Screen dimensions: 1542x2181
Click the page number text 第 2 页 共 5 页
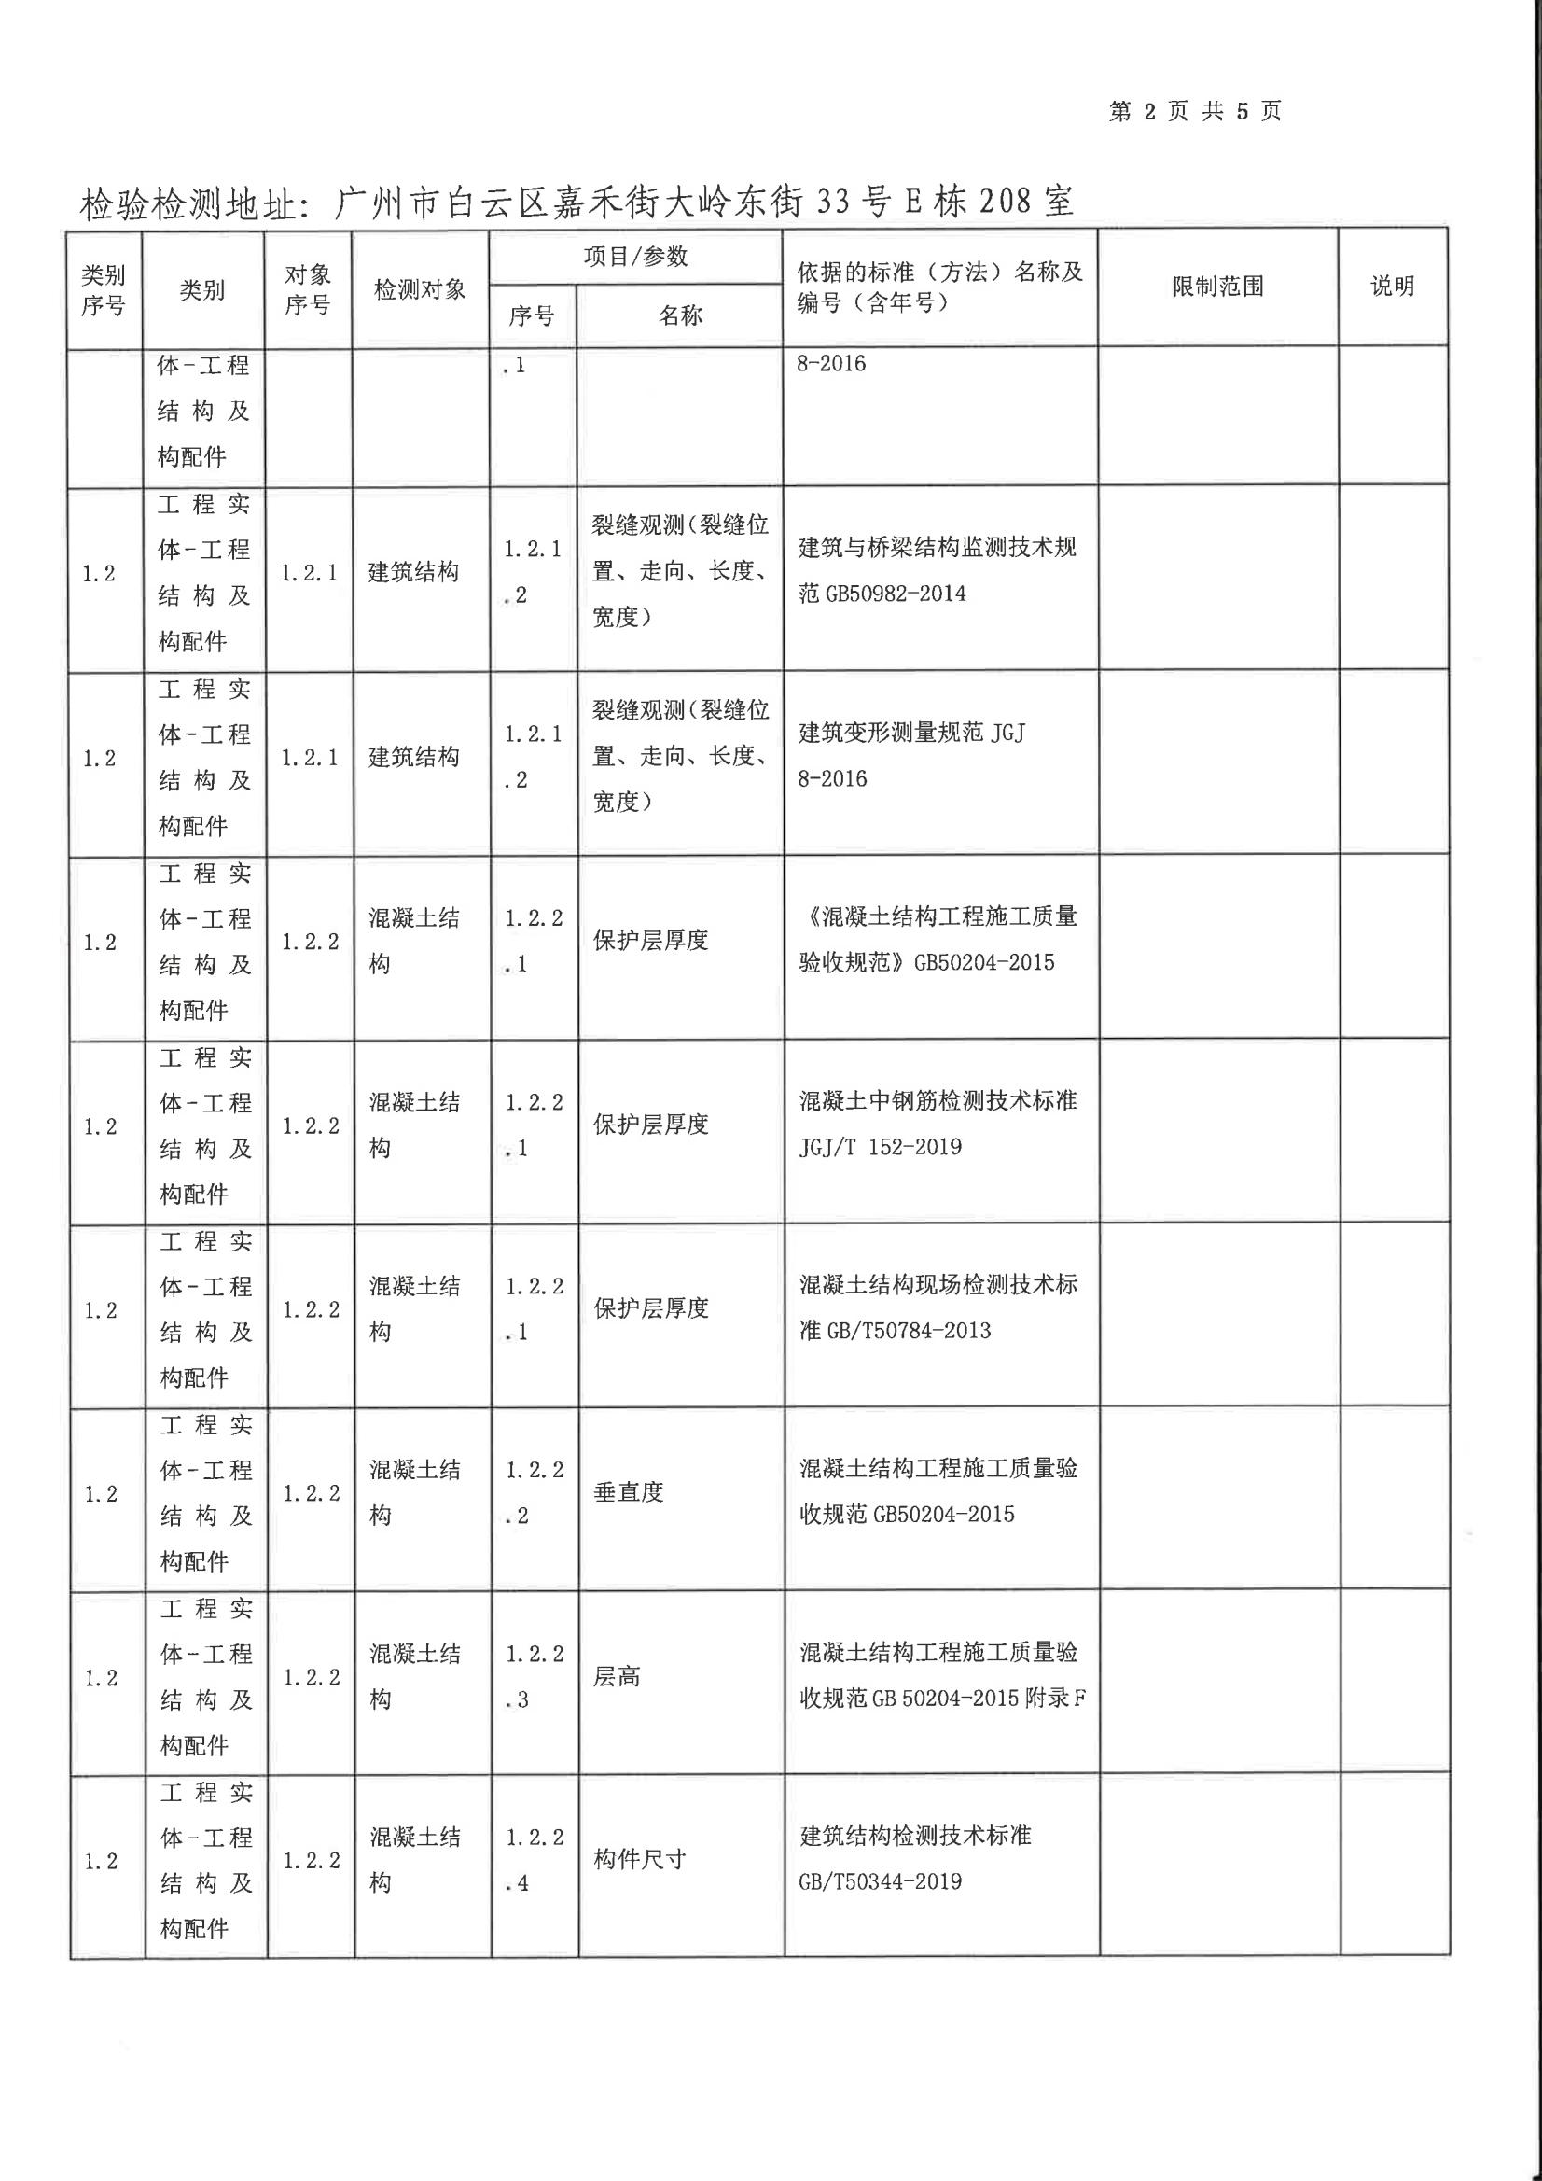1194,111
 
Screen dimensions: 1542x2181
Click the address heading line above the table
577,202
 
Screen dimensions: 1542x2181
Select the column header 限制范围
1217,286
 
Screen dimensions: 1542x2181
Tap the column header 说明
1392,286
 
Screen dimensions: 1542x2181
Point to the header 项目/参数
635,257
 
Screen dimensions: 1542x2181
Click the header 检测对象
420,288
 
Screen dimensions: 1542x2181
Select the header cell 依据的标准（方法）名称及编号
939,287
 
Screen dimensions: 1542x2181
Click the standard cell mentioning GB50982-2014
938,570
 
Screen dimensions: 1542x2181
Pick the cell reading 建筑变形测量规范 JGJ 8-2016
911,755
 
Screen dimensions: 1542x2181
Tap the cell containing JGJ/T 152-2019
938,1124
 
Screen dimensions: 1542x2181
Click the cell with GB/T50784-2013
938,1307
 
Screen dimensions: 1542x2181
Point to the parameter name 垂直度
628,1492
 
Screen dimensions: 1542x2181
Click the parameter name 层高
618,1677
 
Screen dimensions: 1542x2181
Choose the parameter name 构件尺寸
639,1860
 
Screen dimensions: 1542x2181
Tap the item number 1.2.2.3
534,1677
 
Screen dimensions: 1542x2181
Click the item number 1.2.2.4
534,1860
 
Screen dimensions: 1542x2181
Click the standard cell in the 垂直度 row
938,1491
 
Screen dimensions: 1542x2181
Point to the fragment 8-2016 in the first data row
832,364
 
